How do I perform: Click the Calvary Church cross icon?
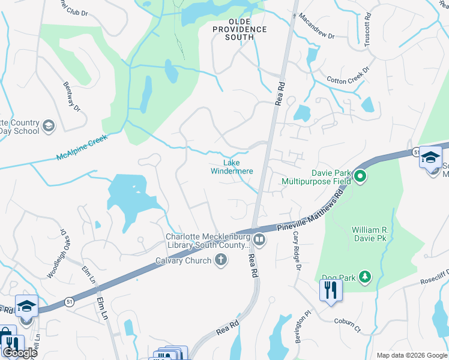pyautogui.click(x=221, y=260)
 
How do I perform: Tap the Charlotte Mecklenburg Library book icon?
pyautogui.click(x=259, y=240)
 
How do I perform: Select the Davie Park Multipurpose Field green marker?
pyautogui.click(x=360, y=176)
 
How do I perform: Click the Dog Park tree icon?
pyautogui.click(x=364, y=277)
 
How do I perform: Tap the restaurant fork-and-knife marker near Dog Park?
pyautogui.click(x=330, y=291)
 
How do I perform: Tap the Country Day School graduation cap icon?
pyautogui.click(x=48, y=126)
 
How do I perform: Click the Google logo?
pyautogui.click(x=19, y=353)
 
